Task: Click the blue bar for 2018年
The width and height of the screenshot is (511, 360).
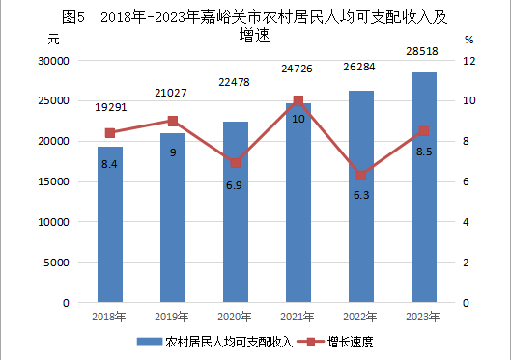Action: (x=110, y=225)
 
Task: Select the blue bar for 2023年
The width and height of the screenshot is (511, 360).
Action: (x=424, y=187)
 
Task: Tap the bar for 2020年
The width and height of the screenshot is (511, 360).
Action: (x=236, y=212)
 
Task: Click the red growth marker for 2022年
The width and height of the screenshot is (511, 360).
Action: (x=361, y=176)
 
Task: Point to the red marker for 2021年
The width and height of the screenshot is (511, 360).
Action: (x=298, y=100)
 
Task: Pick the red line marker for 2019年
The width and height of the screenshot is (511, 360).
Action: (x=173, y=121)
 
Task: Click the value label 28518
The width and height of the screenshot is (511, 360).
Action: (x=422, y=51)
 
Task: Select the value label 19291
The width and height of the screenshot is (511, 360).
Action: (x=111, y=107)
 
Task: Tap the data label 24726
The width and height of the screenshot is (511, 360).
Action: (x=297, y=69)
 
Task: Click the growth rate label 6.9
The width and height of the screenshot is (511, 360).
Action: (x=234, y=185)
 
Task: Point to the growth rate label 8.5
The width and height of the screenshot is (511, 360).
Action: (x=424, y=152)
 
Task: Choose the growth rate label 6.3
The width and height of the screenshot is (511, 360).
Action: (x=361, y=195)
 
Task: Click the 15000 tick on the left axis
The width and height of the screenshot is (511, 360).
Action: (x=54, y=181)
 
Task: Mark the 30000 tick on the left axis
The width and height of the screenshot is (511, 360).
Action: (x=54, y=61)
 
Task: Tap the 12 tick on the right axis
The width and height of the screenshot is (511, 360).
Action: (x=469, y=61)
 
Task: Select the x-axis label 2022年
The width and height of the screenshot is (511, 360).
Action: (x=359, y=317)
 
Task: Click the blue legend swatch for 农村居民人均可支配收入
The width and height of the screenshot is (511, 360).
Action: (x=150, y=342)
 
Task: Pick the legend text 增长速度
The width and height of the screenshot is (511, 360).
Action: (x=351, y=342)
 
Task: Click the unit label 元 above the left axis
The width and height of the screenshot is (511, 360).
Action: (x=53, y=40)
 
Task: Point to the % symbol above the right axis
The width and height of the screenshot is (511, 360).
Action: (x=468, y=40)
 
